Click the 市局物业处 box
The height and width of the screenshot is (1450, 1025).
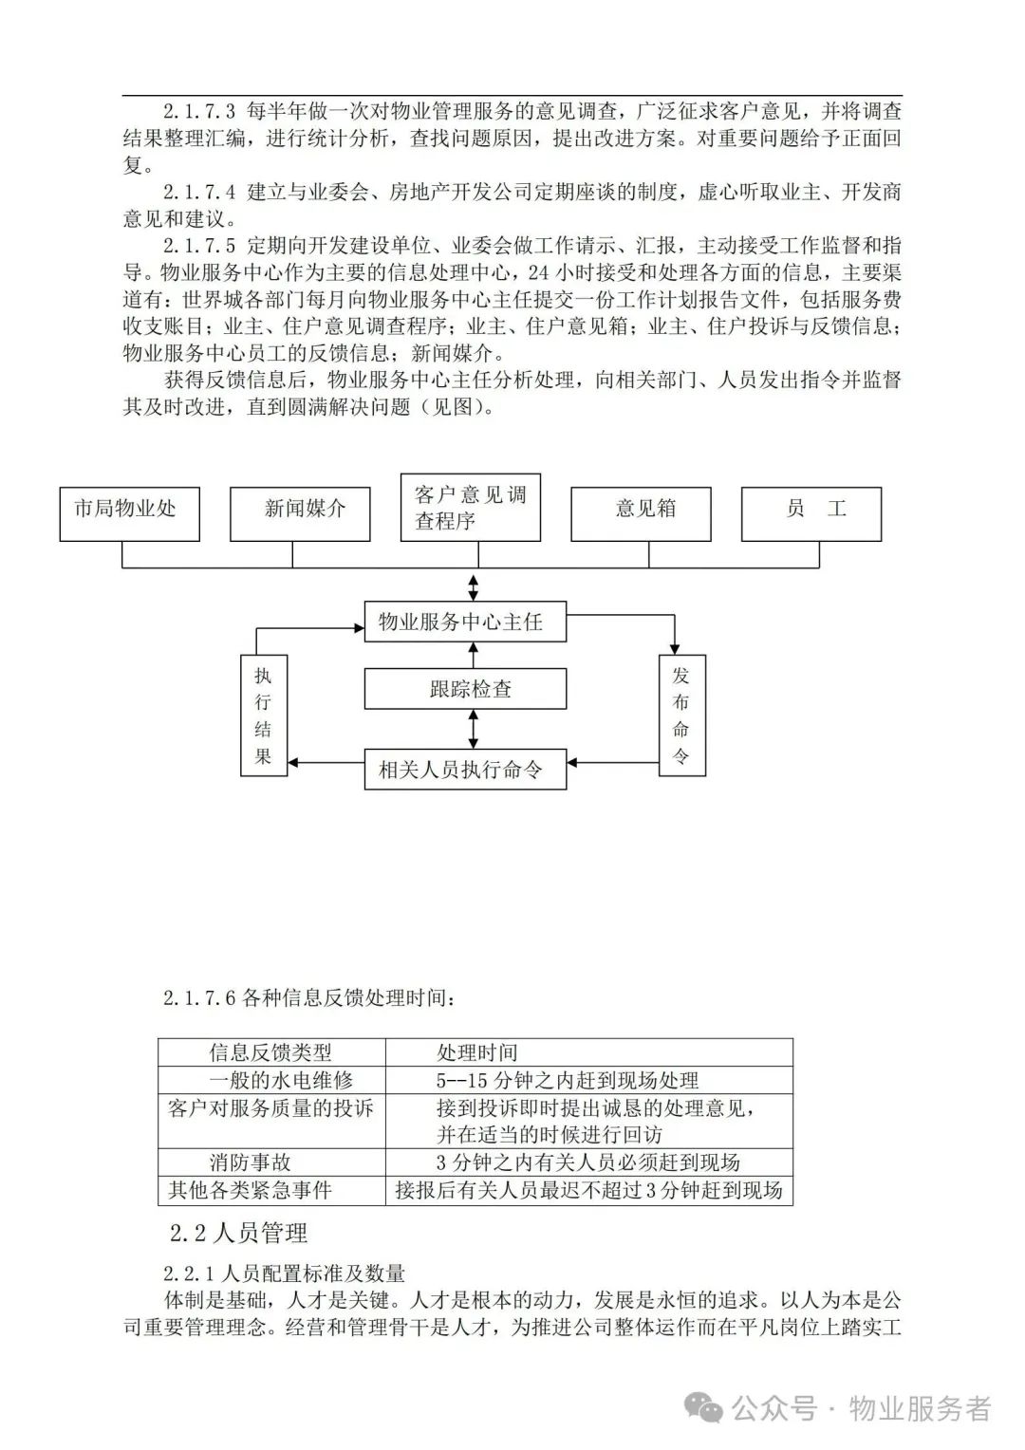click(129, 514)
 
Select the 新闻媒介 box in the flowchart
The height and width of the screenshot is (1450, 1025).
click(300, 514)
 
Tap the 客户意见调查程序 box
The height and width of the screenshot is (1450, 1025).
click(471, 508)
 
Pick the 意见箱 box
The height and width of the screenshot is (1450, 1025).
click(641, 514)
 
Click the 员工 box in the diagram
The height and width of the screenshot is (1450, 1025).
click(811, 514)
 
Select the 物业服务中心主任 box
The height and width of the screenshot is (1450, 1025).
click(466, 622)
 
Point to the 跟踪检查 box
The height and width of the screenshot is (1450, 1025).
click(466, 689)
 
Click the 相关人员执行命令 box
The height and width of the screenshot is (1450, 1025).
click(466, 769)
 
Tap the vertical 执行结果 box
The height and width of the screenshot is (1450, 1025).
click(264, 716)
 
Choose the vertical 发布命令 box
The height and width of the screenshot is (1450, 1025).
click(681, 716)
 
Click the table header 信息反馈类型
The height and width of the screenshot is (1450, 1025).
click(270, 1052)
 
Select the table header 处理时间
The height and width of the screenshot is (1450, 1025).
click(477, 1052)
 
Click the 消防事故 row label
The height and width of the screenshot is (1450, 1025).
click(251, 1162)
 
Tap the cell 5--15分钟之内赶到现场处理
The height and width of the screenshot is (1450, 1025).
click(568, 1080)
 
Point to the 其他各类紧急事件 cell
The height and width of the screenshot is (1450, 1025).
click(251, 1190)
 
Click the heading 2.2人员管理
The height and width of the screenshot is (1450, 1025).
click(238, 1233)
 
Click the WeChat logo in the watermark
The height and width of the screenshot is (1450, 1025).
click(706, 1408)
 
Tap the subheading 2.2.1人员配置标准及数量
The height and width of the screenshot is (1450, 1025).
click(285, 1273)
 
